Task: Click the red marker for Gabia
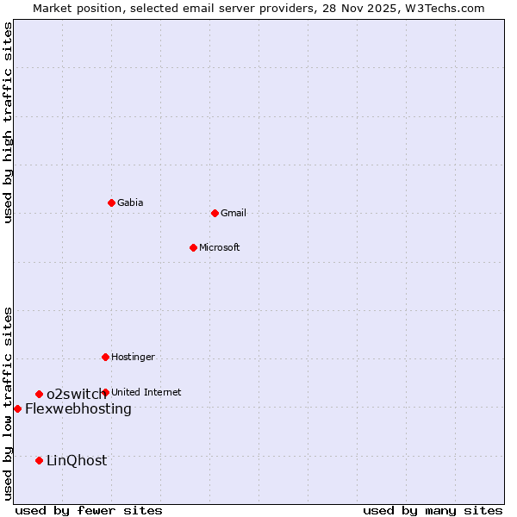pyautogui.click(x=111, y=202)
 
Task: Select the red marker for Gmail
pyautogui.click(x=215, y=213)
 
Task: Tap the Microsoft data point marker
pyautogui.click(x=193, y=247)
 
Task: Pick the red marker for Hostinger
pyautogui.click(x=105, y=357)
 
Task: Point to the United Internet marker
pyautogui.click(x=105, y=392)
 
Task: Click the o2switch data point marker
pyautogui.click(x=39, y=394)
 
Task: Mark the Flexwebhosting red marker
pyautogui.click(x=17, y=408)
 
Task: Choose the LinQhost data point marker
pyautogui.click(x=39, y=460)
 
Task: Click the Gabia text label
pyautogui.click(x=130, y=202)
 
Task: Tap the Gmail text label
pyautogui.click(x=233, y=213)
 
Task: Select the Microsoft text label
pyautogui.click(x=219, y=247)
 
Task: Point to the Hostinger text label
pyautogui.click(x=133, y=357)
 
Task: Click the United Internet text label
pyautogui.click(x=146, y=392)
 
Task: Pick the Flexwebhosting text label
pyautogui.click(x=78, y=408)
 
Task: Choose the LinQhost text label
pyautogui.click(x=77, y=460)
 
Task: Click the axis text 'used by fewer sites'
pyautogui.click(x=89, y=510)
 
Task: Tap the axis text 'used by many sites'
pyautogui.click(x=433, y=510)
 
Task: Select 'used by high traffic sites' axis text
pyautogui.click(x=8, y=123)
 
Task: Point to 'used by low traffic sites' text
pyautogui.click(x=8, y=403)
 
